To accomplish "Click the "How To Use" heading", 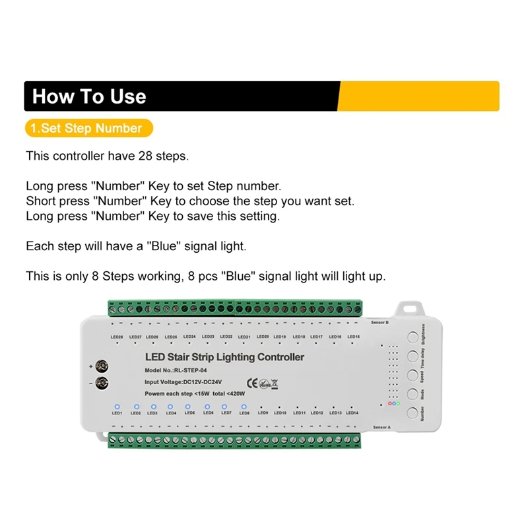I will tap(89, 96).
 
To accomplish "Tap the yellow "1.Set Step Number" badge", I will tap(88, 128).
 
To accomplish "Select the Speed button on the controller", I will tap(412, 376).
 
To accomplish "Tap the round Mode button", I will tap(412, 394).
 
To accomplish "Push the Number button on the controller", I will tap(412, 413).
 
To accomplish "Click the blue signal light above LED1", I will tap(117, 407).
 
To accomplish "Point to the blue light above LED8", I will tap(244, 407).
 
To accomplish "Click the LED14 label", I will tap(352, 413).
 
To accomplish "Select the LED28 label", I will tap(117, 337).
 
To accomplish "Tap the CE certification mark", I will tap(251, 382).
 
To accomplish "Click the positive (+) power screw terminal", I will tap(102, 366).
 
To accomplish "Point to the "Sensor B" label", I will tap(381, 323).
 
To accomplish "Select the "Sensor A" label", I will tap(381, 428).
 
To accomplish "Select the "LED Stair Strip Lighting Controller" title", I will tap(224, 357).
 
